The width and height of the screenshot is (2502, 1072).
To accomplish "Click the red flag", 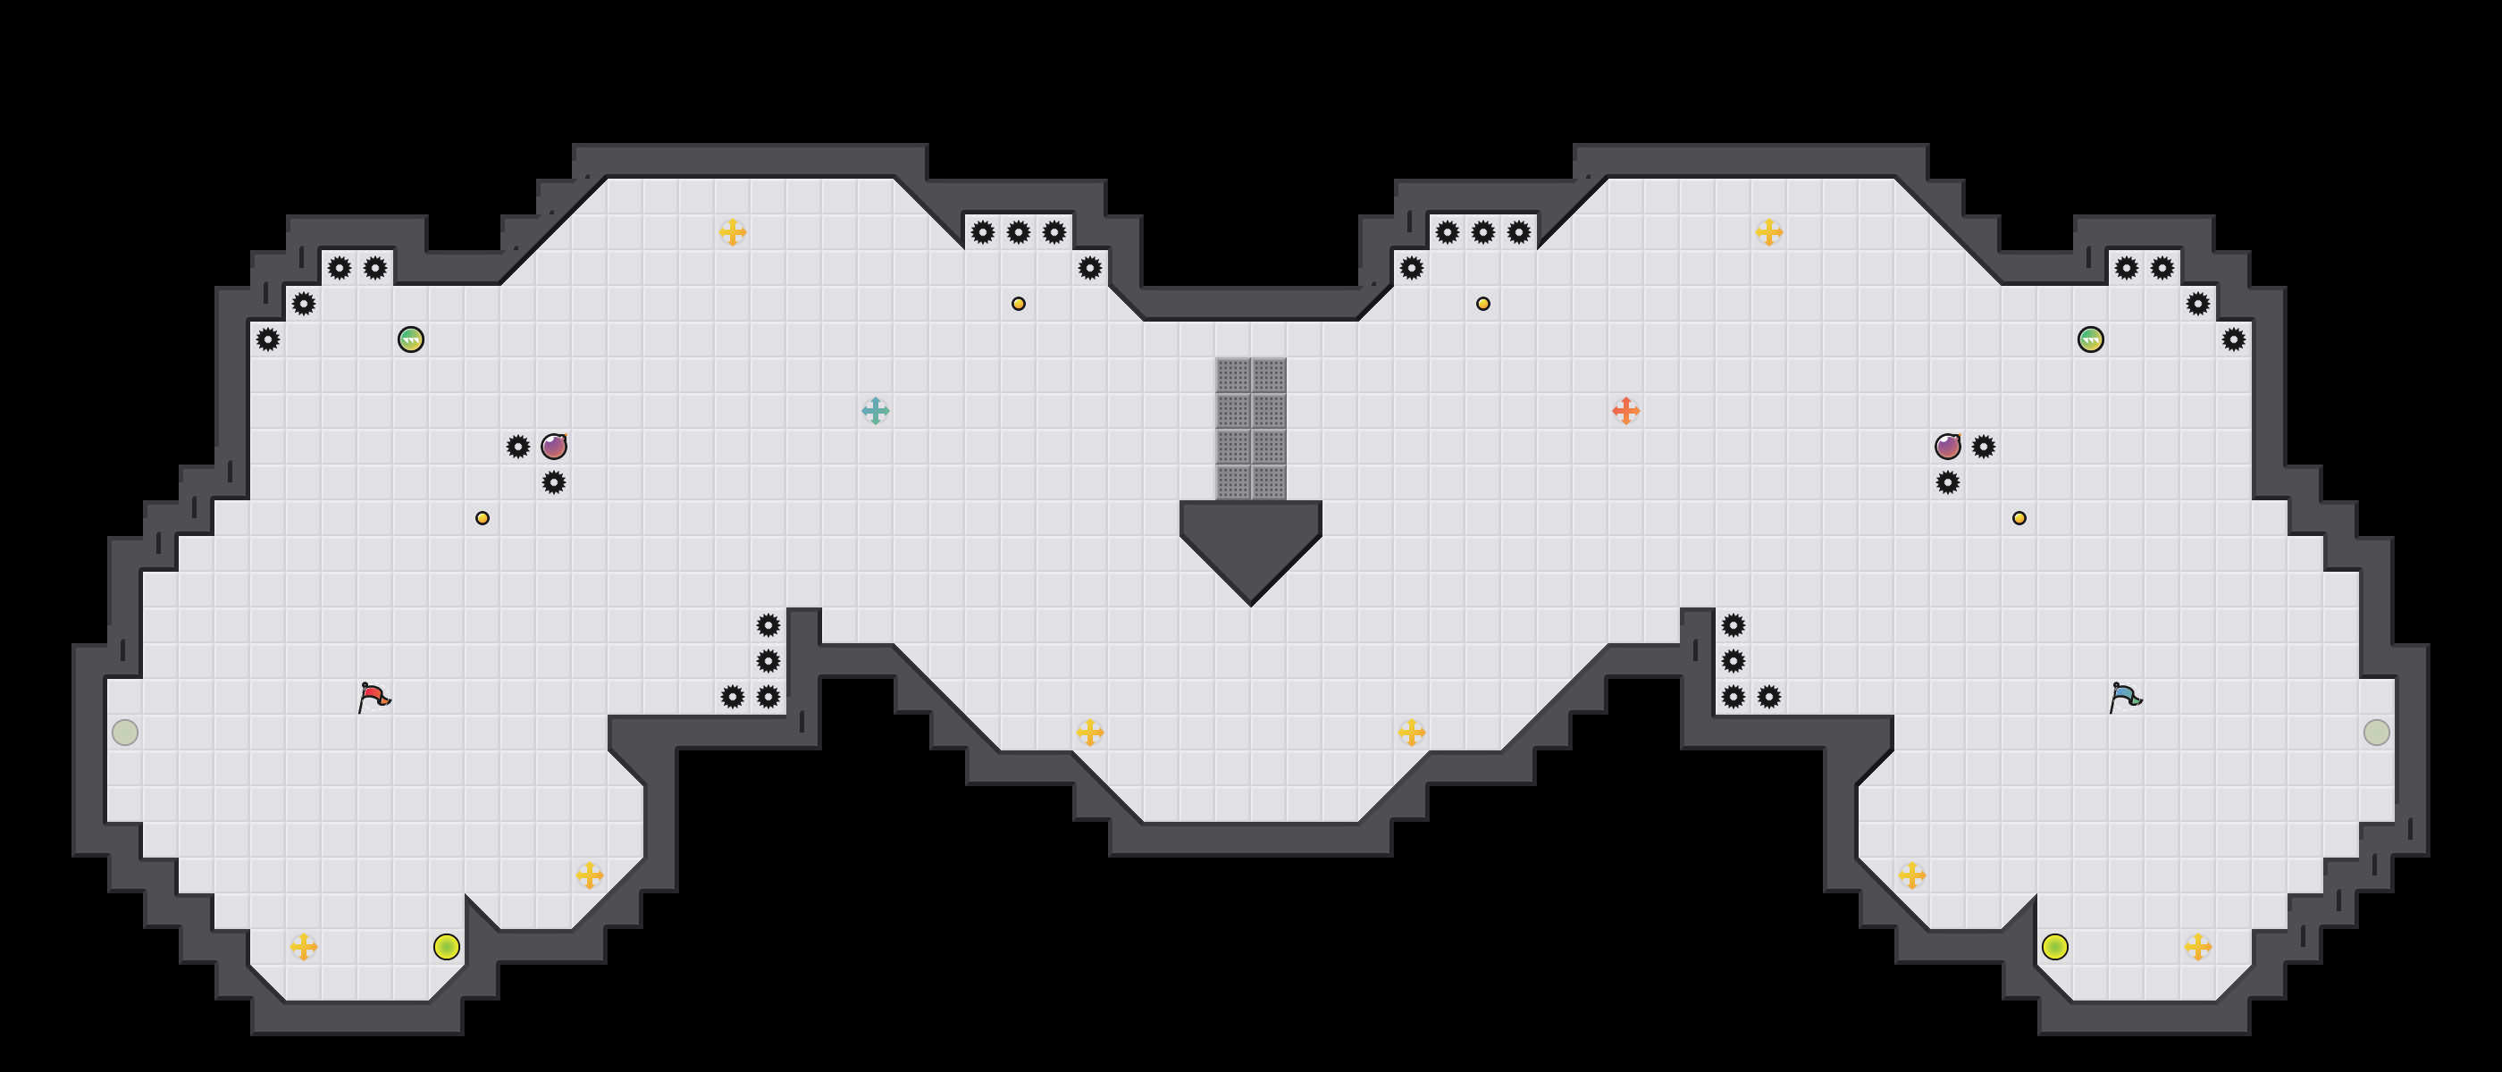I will [x=374, y=696].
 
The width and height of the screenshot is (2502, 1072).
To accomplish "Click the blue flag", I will [x=2125, y=696].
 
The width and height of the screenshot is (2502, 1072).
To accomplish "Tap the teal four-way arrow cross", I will [x=875, y=411].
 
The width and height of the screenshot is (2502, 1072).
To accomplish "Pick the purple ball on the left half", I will [x=554, y=447].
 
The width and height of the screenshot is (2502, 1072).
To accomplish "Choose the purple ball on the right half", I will [x=1947, y=447].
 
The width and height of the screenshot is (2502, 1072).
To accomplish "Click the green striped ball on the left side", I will [x=411, y=339].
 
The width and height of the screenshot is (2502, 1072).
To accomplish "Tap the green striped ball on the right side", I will [x=2090, y=339].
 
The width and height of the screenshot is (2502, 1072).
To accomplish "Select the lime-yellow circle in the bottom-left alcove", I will [x=447, y=947].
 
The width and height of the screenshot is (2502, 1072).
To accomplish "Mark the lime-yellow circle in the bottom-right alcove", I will [x=2054, y=947].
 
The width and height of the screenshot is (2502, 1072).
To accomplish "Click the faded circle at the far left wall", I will [x=125, y=733].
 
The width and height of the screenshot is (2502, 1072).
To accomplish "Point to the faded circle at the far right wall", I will [x=2376, y=733].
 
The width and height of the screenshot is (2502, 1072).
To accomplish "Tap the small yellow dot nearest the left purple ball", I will [x=483, y=517].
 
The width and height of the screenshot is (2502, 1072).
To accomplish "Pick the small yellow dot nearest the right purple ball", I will [x=2019, y=517].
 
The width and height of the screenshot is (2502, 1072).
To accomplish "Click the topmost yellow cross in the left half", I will [x=733, y=232].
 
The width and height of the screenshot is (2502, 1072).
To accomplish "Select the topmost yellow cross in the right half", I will [x=1768, y=232].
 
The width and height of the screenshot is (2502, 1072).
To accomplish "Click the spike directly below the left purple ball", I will [x=554, y=482].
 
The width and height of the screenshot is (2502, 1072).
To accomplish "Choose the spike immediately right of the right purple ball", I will [x=1984, y=447].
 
